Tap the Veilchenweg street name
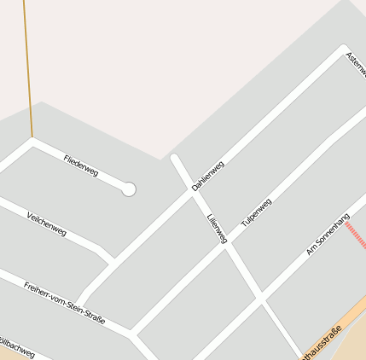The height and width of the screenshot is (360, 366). (x=46, y=224)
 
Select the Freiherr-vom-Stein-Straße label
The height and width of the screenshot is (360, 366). (x=65, y=303)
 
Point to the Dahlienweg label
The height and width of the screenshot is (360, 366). (x=208, y=175)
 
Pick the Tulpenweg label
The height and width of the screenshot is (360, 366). (x=256, y=212)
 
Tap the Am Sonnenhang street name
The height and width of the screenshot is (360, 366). (x=328, y=235)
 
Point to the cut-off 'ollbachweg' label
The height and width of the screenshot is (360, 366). (x=17, y=349)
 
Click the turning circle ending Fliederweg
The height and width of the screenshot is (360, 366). (x=129, y=189)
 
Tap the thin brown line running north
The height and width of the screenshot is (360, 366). (x=28, y=68)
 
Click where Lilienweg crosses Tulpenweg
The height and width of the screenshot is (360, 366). (x=226, y=245)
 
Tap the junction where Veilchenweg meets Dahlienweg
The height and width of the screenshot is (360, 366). (x=111, y=258)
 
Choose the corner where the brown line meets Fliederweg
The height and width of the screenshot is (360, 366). (x=32, y=139)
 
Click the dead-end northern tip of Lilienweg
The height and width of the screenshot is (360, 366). (x=175, y=158)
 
